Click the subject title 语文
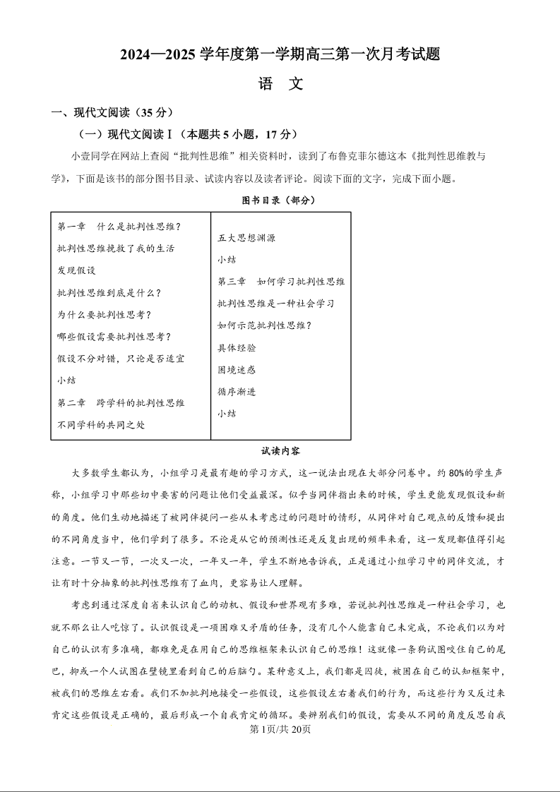click(x=280, y=84)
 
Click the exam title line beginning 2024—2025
click(x=280, y=54)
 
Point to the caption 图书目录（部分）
click(x=279, y=200)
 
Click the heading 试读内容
click(x=280, y=450)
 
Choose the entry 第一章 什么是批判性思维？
click(x=119, y=227)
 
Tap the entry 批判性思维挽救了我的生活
click(x=116, y=248)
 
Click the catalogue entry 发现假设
click(x=76, y=270)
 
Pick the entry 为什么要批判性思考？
click(x=104, y=315)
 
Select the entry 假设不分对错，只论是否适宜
click(x=121, y=359)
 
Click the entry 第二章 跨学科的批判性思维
click(x=121, y=402)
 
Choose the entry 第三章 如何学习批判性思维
click(x=281, y=282)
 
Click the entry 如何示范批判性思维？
click(x=264, y=325)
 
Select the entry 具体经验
click(x=237, y=347)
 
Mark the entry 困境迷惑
click(x=237, y=369)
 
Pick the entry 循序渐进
click(x=237, y=391)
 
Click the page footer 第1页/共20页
click(x=280, y=729)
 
